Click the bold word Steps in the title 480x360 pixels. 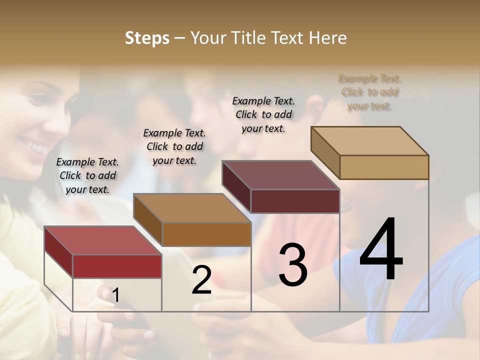click(x=147, y=38)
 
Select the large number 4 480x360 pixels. click(x=381, y=250)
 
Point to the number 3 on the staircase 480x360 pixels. click(x=292, y=265)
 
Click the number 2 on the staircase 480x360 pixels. click(x=201, y=280)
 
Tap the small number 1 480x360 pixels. click(x=115, y=295)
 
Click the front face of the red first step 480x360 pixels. click(x=117, y=266)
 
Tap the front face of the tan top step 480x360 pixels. click(x=384, y=167)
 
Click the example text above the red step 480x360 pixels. click(x=87, y=175)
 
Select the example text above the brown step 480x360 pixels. click(x=174, y=146)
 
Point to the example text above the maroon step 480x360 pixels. click(x=263, y=114)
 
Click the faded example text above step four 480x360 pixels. click(x=369, y=92)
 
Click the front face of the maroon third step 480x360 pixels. click(x=295, y=201)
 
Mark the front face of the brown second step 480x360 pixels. click(x=206, y=234)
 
